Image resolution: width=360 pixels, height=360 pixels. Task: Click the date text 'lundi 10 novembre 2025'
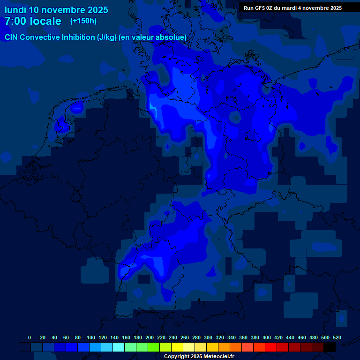tap(56, 10)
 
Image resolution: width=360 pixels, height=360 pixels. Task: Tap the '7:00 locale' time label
tap(33, 21)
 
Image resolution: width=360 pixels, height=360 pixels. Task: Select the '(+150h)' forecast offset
tap(83, 21)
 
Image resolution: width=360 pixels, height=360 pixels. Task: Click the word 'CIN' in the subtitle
tap(12, 37)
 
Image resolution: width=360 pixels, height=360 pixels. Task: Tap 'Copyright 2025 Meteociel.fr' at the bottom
tap(199, 356)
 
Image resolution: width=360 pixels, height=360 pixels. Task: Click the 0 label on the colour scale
tap(30, 337)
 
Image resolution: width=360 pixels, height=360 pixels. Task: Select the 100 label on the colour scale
tap(90, 337)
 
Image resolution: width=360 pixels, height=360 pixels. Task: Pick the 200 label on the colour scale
tap(150, 337)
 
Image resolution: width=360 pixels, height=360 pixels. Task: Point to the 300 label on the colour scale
tap(208, 337)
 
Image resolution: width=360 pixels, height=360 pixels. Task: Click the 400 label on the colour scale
tap(267, 337)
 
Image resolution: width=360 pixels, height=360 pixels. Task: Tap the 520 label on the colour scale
tap(337, 337)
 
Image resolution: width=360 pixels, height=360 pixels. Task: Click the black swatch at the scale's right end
tap(330, 347)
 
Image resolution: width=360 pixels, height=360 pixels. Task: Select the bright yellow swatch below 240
tap(177, 347)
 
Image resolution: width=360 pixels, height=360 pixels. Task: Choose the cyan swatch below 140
tap(119, 347)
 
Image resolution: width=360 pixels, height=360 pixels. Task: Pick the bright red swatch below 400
tap(271, 347)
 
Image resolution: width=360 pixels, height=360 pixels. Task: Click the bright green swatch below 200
tap(154, 347)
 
